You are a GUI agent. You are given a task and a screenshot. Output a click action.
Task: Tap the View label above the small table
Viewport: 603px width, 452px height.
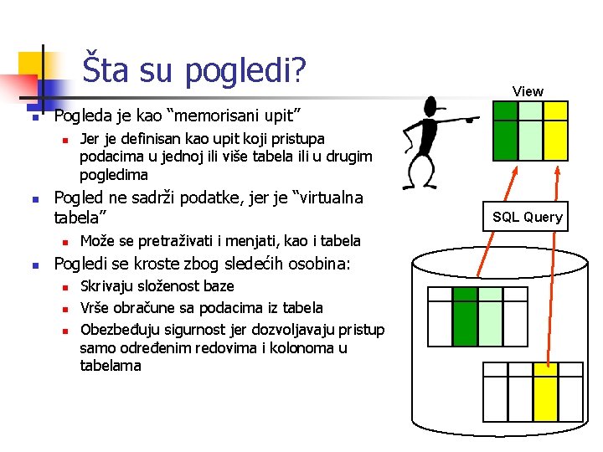[528, 91]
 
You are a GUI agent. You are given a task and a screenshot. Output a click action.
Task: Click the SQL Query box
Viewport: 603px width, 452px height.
[528, 217]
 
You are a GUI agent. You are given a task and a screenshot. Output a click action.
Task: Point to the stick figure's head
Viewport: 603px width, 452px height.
[432, 109]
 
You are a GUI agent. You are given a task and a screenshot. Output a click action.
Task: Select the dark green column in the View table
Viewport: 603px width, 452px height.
[505, 130]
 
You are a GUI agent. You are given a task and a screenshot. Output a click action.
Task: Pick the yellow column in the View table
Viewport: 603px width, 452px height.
[555, 130]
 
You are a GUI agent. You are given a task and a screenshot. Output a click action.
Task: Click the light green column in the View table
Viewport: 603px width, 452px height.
[530, 130]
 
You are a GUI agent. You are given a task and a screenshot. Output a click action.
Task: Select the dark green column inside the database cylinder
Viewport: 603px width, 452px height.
[465, 316]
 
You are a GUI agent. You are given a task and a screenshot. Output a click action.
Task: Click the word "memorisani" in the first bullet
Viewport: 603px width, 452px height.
[226, 114]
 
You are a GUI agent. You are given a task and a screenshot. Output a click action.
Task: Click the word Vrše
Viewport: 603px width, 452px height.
[95, 307]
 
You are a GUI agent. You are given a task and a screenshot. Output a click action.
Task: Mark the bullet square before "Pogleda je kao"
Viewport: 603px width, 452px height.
[35, 116]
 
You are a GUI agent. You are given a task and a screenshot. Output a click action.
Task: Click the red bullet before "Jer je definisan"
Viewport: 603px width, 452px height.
[63, 139]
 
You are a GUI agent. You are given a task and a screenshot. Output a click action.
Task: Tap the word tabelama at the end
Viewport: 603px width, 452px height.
[111, 366]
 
